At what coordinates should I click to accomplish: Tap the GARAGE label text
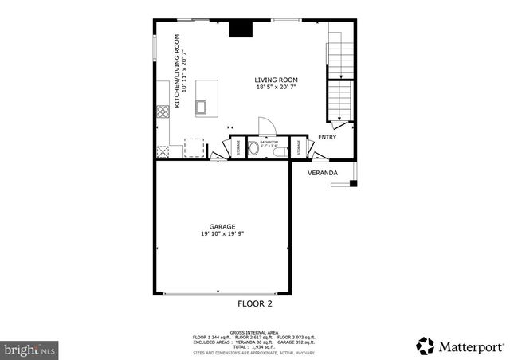point(222,226)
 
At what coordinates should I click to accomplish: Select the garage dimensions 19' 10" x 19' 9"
point(222,233)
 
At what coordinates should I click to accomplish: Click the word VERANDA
point(323,172)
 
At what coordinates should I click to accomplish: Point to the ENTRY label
point(327,137)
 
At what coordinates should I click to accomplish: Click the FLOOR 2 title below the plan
point(255,303)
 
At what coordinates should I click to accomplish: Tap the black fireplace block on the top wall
point(238,29)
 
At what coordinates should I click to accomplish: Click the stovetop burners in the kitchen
point(163,111)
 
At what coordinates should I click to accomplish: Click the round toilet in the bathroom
point(253,147)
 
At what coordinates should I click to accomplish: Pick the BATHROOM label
point(269,142)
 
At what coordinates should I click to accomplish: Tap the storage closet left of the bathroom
point(237,147)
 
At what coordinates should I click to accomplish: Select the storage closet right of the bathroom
point(298,147)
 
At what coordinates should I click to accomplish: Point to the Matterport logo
point(460,346)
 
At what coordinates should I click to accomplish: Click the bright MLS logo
point(30,349)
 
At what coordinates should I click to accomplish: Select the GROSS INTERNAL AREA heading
point(254,331)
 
